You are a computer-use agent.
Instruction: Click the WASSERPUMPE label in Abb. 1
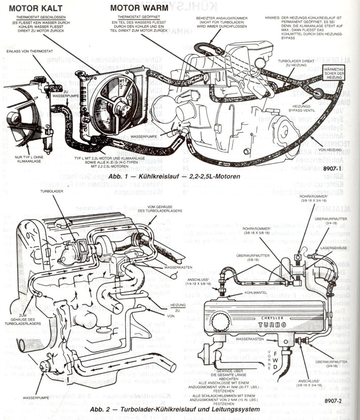pos(144,136)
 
